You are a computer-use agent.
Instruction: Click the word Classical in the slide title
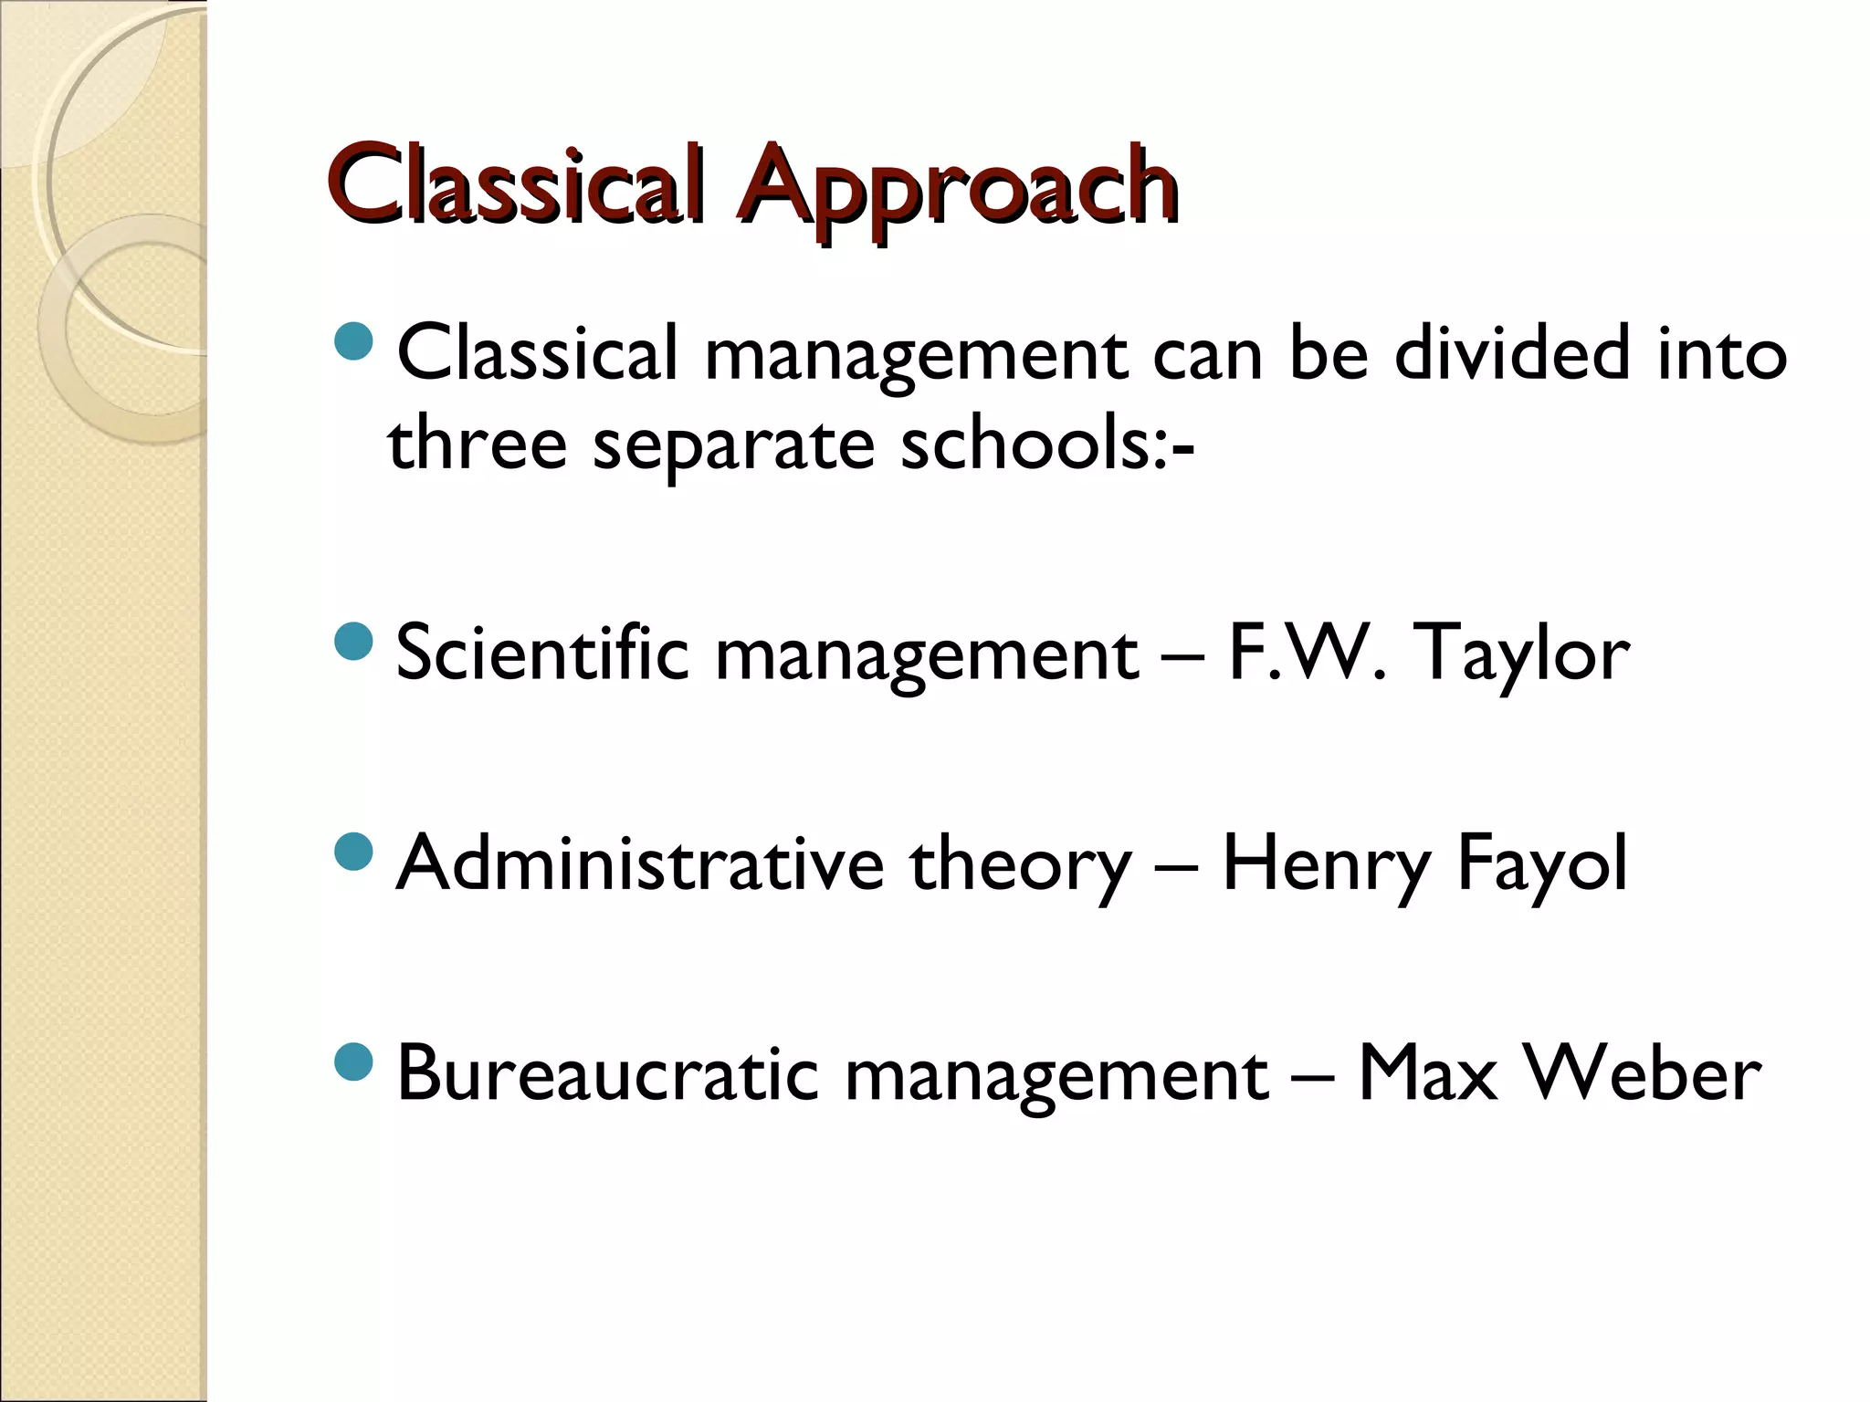(x=517, y=185)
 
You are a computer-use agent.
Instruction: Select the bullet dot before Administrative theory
(x=354, y=852)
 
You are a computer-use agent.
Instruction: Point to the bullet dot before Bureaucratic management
(x=354, y=1062)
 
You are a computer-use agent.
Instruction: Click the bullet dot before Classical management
(x=354, y=340)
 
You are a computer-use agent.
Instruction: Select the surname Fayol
(x=1541, y=863)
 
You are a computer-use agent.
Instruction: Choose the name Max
(x=1428, y=1073)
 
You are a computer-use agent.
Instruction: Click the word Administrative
(x=640, y=863)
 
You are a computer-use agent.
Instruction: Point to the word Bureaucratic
(x=608, y=1073)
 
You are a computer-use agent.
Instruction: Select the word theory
(x=1020, y=865)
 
